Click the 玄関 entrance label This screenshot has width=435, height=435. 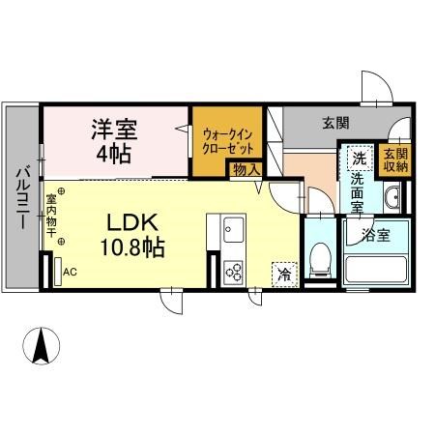tap(335, 123)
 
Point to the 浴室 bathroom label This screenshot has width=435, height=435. tap(376, 233)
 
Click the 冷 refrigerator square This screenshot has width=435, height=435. tap(285, 273)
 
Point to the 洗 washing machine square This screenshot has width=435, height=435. tap(358, 159)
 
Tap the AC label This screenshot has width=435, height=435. tap(70, 273)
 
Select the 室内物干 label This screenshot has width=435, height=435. tap(50, 217)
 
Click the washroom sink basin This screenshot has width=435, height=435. tap(391, 200)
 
